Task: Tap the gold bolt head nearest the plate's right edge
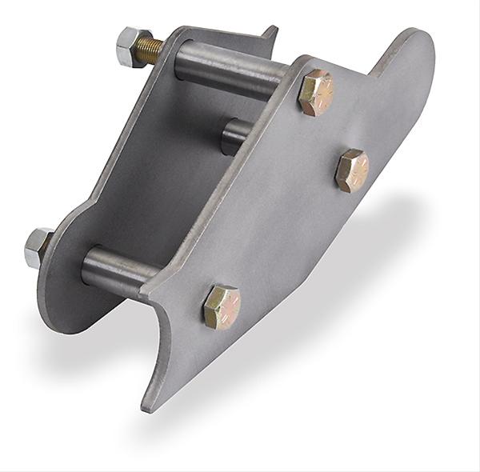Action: coord(353,169)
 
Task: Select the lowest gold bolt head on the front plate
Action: coord(222,306)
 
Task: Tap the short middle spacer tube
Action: coord(234,136)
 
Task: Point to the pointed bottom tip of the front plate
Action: coord(149,405)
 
